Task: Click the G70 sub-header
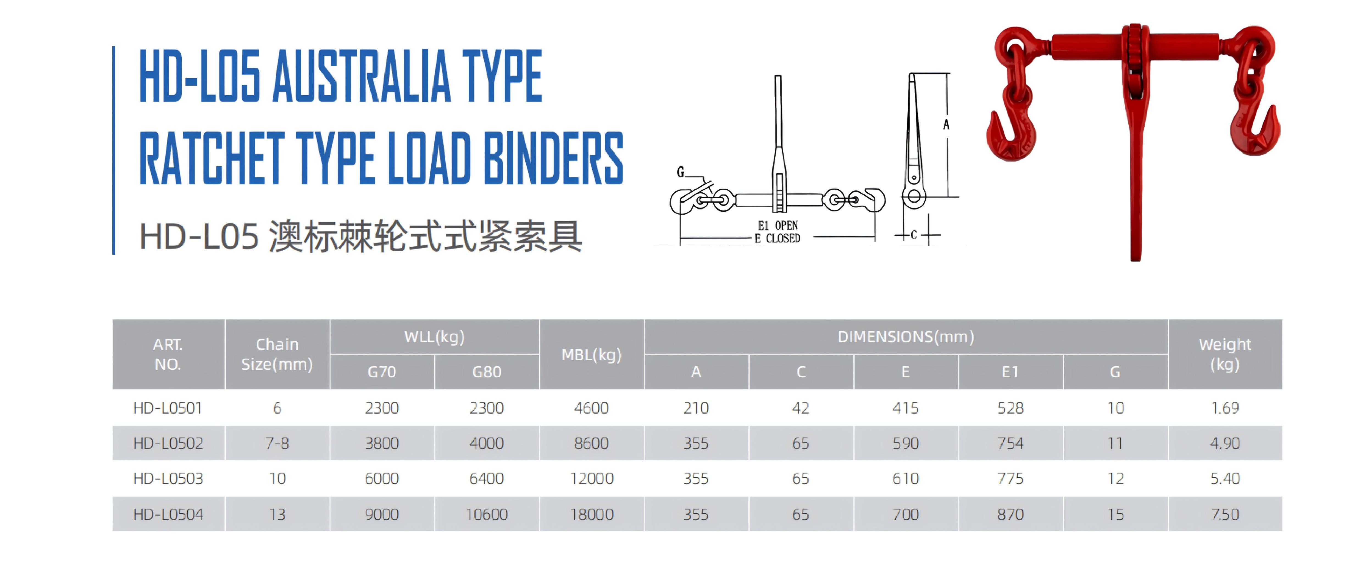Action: [382, 372]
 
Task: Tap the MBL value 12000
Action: [592, 478]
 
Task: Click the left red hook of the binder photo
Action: [1010, 135]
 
